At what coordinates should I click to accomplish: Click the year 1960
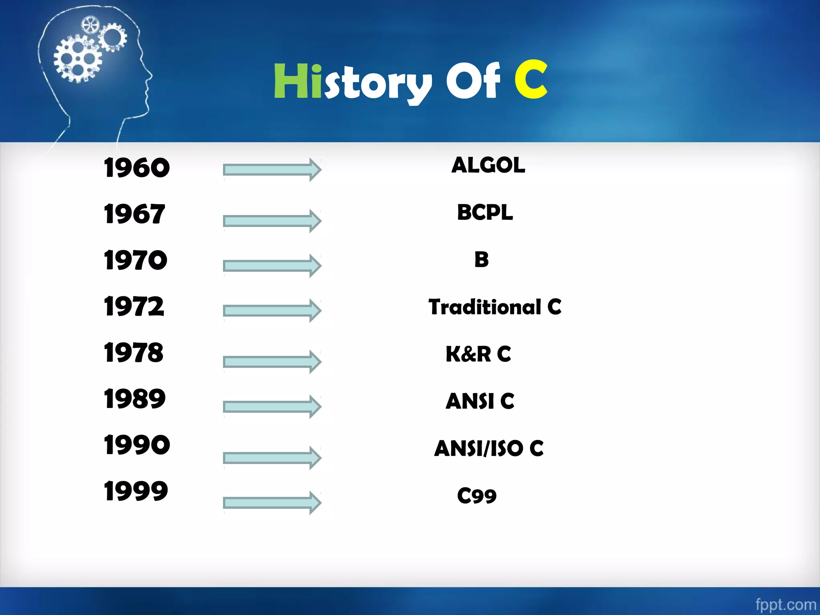[x=137, y=167]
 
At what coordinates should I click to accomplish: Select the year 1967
[x=134, y=214]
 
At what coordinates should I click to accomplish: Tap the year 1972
[x=134, y=306]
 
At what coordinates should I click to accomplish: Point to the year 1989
[x=135, y=399]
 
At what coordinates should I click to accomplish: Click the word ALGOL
[x=488, y=165]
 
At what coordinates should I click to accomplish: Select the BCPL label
[x=485, y=212]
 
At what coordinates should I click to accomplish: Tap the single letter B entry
[x=481, y=259]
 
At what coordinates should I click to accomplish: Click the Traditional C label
[x=495, y=307]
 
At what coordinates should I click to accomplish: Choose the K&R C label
[x=478, y=354]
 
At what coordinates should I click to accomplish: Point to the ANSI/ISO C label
[x=489, y=448]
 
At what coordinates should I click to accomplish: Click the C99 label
[x=477, y=496]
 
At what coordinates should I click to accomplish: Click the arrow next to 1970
[x=272, y=265]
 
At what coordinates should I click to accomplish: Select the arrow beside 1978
[x=272, y=362]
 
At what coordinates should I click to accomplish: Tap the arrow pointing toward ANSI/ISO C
[x=272, y=458]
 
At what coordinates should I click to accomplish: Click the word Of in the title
[x=473, y=81]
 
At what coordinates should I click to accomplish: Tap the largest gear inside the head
[x=77, y=58]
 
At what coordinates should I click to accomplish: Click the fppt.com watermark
[x=786, y=604]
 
